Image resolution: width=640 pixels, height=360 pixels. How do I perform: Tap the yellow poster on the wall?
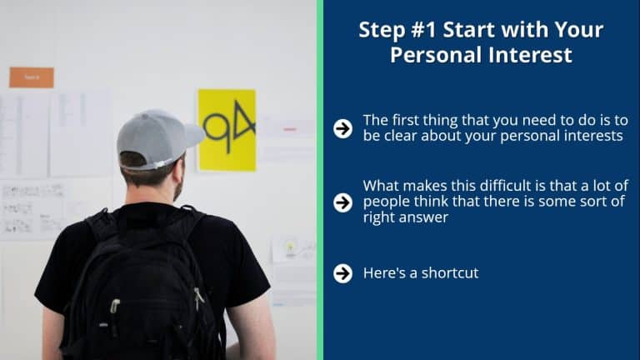pos(227,130)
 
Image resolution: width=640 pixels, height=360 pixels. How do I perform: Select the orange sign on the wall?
pos(32,77)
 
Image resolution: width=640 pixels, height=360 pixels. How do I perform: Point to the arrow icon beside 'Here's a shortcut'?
pos(342,273)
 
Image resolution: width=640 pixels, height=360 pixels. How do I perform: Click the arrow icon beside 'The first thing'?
pos(342,128)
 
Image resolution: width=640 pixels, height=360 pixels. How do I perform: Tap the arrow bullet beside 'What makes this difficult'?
pos(342,202)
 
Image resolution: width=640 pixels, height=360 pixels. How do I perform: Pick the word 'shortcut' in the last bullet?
pos(449,273)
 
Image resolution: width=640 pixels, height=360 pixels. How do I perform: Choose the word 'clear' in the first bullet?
pos(400,136)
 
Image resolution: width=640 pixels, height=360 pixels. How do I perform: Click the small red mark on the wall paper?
pos(290,129)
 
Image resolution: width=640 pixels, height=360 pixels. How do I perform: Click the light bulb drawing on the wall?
pos(290,249)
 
